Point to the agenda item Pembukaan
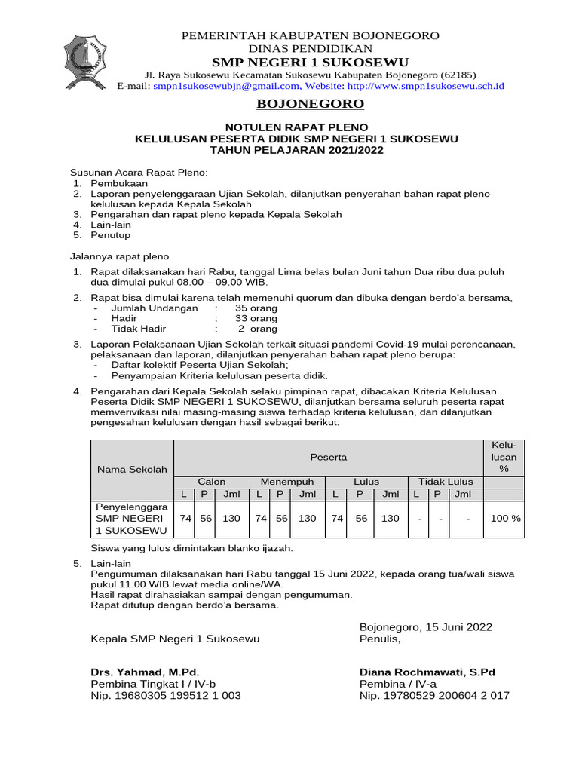click(119, 183)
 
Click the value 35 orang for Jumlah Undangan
click(256, 308)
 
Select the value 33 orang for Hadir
click(256, 319)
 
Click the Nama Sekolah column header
click(132, 470)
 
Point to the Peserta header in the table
click(328, 457)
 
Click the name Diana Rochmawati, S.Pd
click(427, 672)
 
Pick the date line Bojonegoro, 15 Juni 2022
click(425, 626)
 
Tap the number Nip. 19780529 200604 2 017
click(434, 696)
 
